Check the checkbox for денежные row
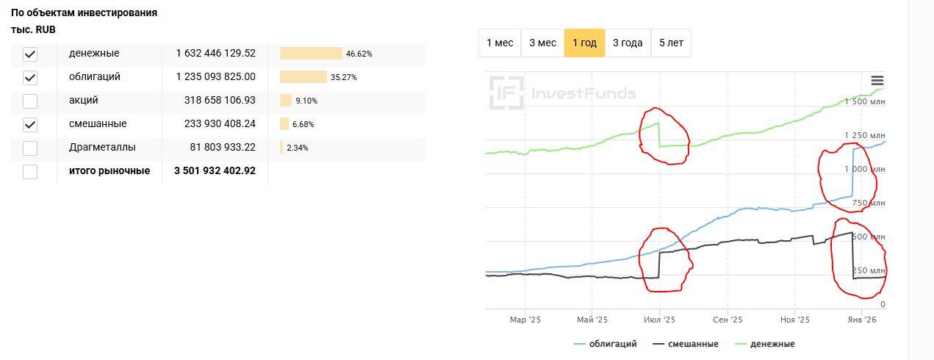point(30,54)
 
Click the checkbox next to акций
point(30,101)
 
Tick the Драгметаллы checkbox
point(30,148)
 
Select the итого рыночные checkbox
point(30,172)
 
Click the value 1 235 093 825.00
point(215,77)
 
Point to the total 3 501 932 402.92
point(215,171)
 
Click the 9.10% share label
point(306,101)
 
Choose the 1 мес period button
point(500,43)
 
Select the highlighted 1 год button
point(584,43)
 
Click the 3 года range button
point(628,43)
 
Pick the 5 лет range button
point(671,43)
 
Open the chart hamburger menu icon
point(877,81)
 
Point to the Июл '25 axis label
point(659,320)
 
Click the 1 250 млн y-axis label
point(864,136)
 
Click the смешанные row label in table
point(98,124)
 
